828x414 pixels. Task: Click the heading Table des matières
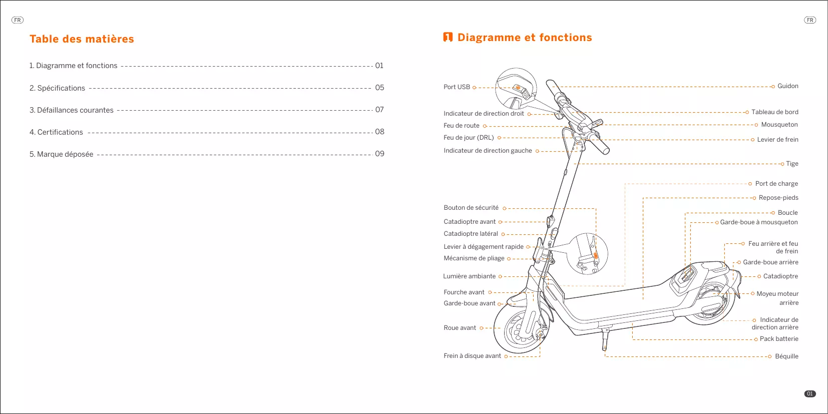point(82,39)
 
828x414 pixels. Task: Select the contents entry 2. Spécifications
point(57,88)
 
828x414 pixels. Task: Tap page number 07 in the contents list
point(379,110)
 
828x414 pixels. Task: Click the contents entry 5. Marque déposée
point(61,154)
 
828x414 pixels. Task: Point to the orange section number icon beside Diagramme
point(448,37)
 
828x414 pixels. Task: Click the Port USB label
point(457,87)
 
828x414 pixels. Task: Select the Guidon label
point(787,86)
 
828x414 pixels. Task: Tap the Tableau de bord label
point(774,112)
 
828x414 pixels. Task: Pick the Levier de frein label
point(777,140)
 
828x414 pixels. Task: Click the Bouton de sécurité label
point(471,208)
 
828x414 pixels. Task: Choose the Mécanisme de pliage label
point(474,258)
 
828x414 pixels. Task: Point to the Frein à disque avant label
point(472,356)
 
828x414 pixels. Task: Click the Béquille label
point(786,356)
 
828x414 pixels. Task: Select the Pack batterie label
point(779,339)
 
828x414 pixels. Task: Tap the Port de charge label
point(776,184)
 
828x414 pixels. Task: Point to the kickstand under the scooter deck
point(605,340)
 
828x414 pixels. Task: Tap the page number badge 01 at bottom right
point(809,394)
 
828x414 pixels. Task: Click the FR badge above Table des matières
point(18,20)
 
